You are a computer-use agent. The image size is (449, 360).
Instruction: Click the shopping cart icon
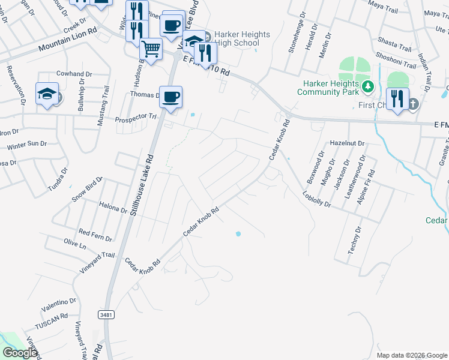(151, 49)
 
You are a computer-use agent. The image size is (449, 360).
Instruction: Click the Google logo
(19, 353)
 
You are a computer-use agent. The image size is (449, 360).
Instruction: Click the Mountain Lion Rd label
(67, 40)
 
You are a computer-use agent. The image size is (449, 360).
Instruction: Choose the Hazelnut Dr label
(348, 143)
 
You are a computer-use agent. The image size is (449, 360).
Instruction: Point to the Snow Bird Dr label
(88, 190)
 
